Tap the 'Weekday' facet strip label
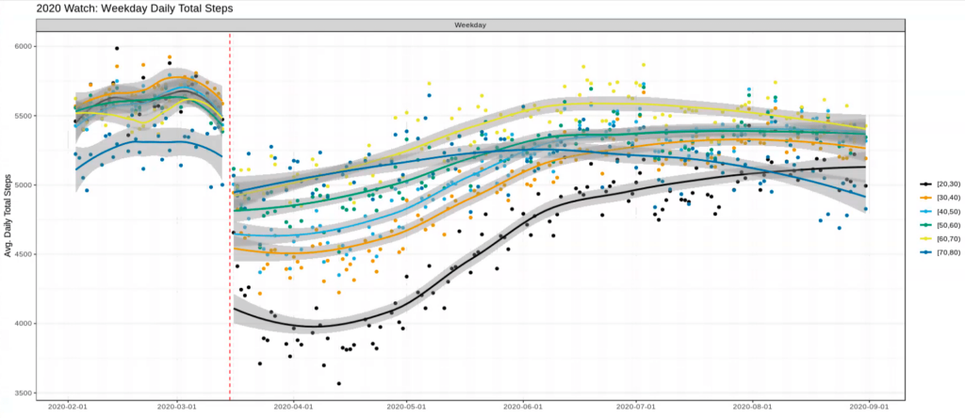pos(469,25)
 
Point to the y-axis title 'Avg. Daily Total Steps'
pos(8,218)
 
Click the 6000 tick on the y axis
pos(22,46)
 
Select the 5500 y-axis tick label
pos(22,116)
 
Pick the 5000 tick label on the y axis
pos(22,185)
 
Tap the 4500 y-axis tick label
pos(22,254)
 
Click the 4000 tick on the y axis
pos(22,324)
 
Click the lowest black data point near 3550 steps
pos(338,383)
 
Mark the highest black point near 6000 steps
pos(117,48)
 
